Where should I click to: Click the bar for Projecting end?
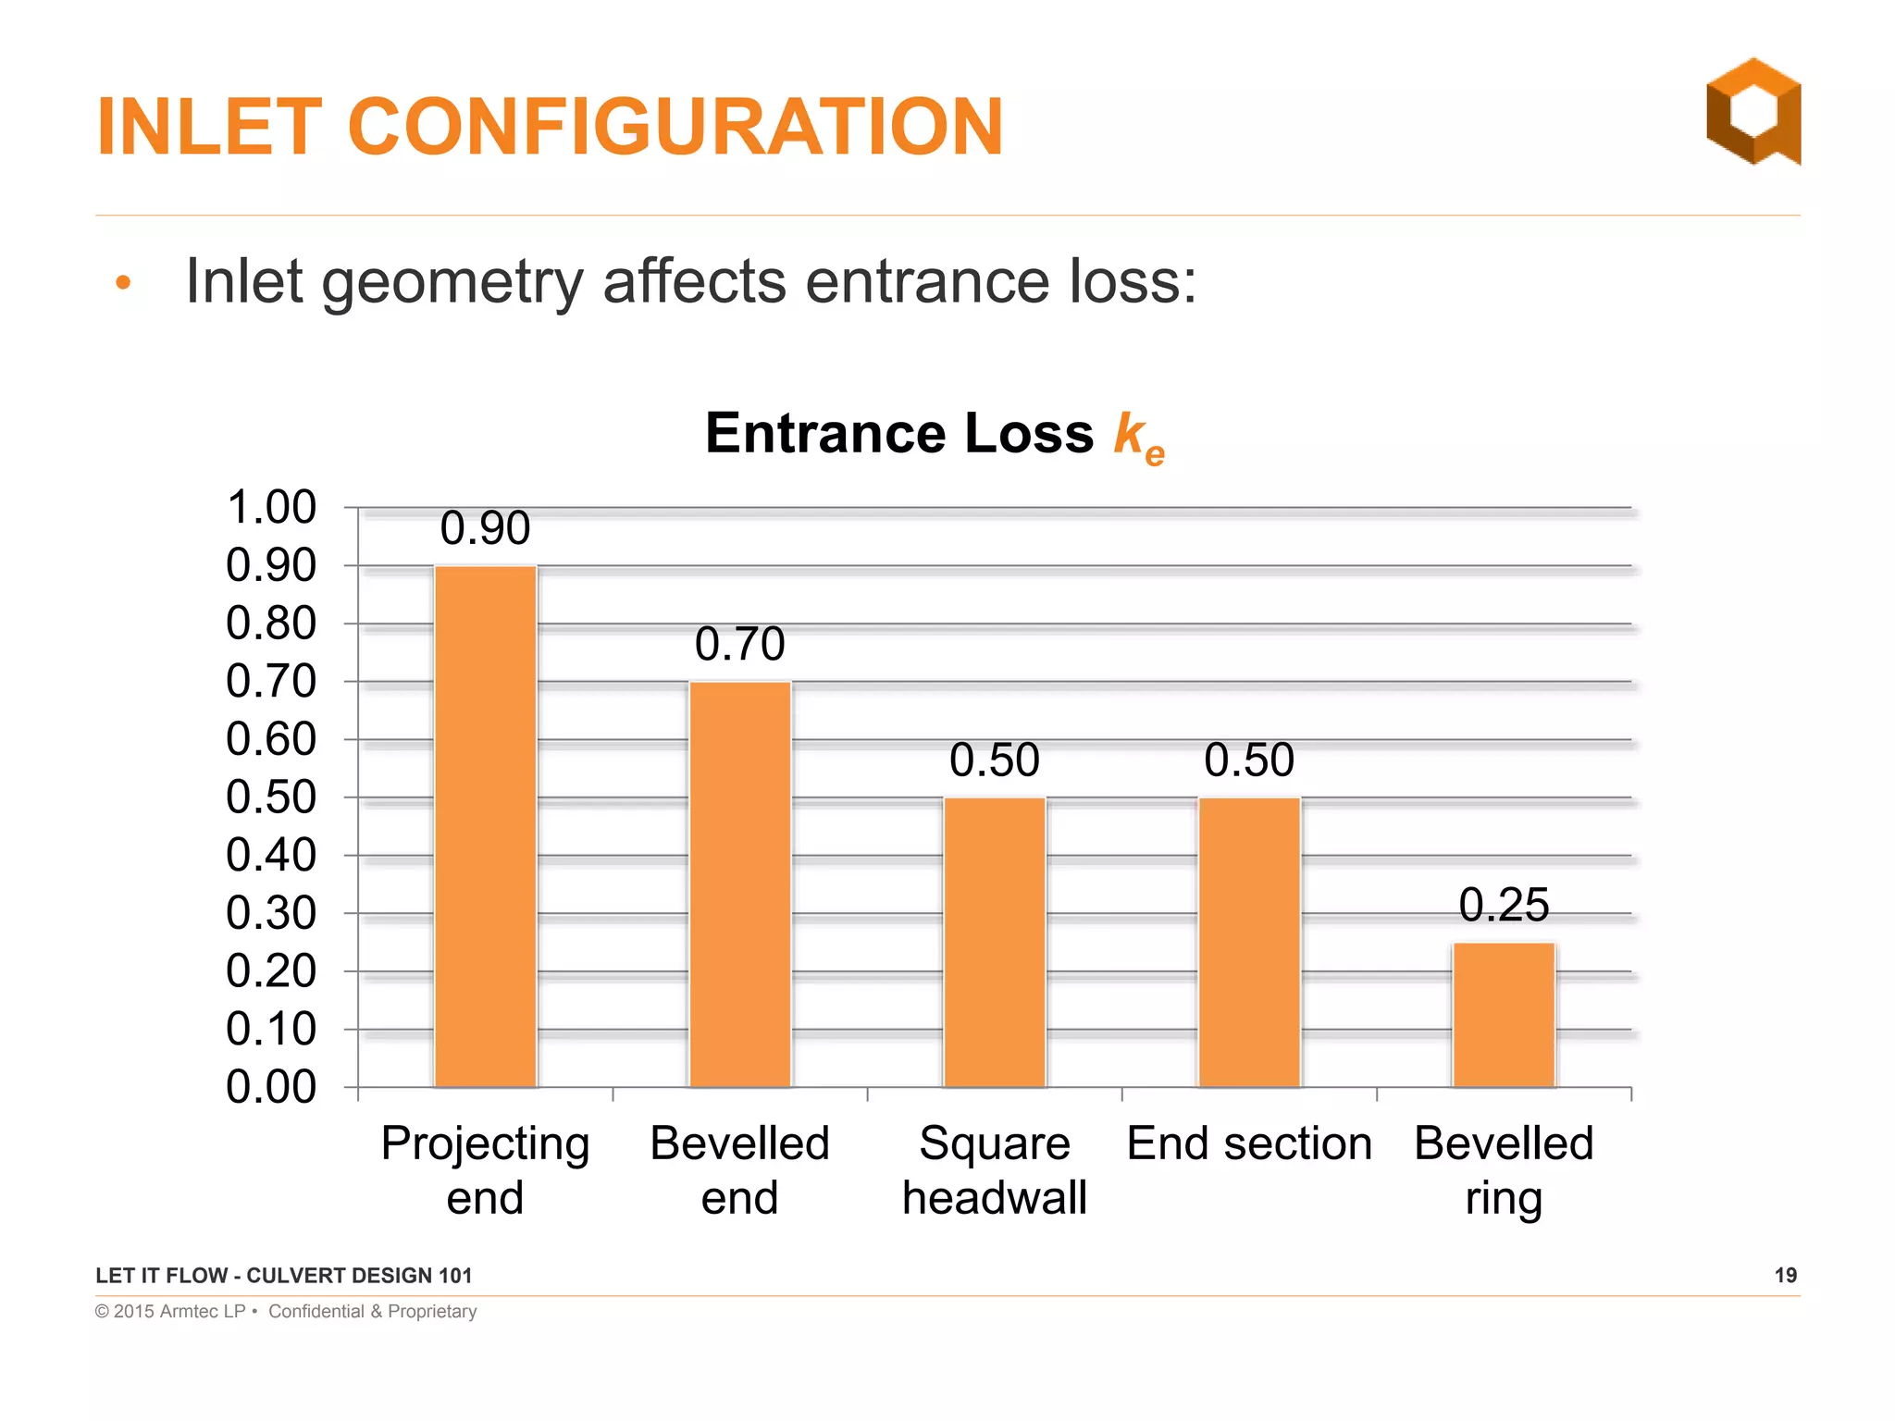[486, 825]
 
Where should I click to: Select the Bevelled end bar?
[740, 883]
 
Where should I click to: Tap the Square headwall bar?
[995, 942]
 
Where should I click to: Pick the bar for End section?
[1249, 942]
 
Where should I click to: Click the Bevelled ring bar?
[1504, 1014]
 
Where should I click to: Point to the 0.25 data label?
[1504, 905]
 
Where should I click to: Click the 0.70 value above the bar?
[740, 644]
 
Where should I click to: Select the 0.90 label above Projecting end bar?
[486, 528]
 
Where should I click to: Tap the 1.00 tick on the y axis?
[271, 508]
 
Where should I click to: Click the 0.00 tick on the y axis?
[271, 1087]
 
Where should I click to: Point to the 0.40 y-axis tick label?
[271, 856]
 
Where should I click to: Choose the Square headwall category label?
[995, 1170]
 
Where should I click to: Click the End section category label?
[1249, 1143]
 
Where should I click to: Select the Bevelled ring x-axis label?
[1504, 1170]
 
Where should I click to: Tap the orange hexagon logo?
[1753, 111]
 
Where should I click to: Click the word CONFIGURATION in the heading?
[675, 127]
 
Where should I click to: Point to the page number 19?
[1786, 1276]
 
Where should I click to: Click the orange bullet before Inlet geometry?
[124, 283]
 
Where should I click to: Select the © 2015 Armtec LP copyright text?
[170, 1312]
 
